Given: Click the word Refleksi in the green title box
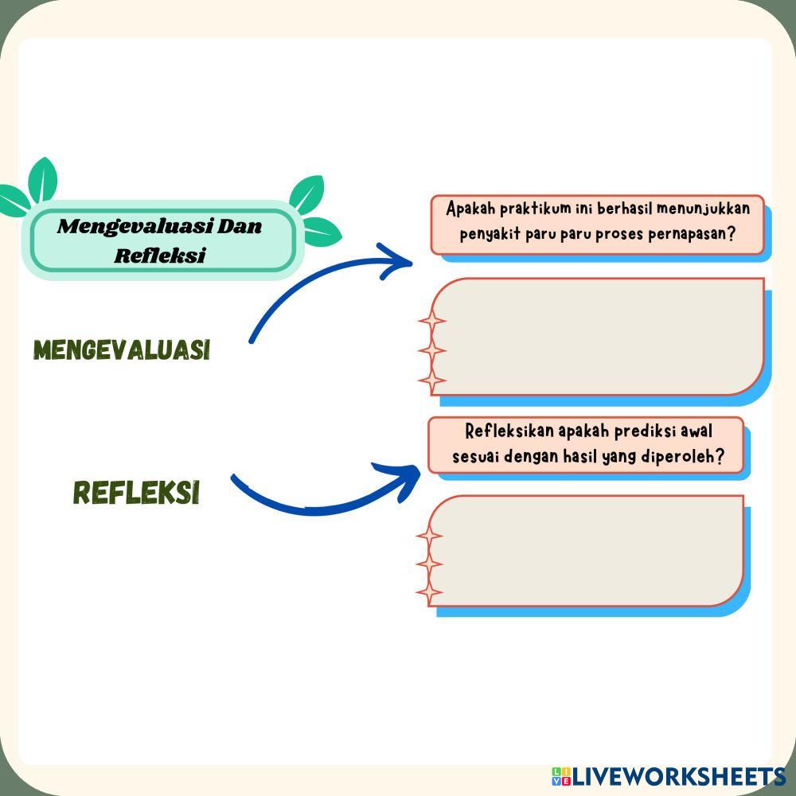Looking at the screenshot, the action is (x=160, y=256).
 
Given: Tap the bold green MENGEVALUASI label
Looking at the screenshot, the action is (x=122, y=350).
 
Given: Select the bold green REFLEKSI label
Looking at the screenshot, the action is (x=136, y=493).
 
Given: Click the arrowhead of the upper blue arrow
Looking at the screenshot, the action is (x=398, y=261).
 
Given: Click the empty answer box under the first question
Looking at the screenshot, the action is (x=597, y=337).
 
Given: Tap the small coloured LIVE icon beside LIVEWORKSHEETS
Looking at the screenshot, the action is (x=561, y=777).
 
